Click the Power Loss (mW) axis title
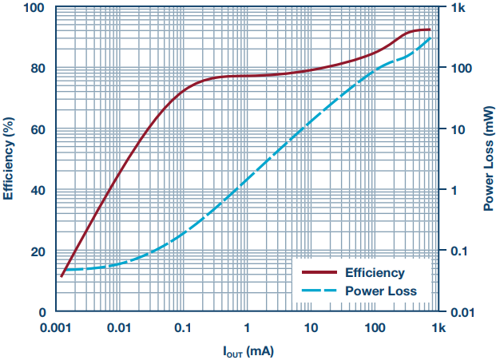(486, 160)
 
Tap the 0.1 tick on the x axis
(183, 327)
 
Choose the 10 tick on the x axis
(311, 327)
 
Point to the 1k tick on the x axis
(438, 327)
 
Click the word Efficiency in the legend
(374, 273)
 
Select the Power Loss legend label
(380, 291)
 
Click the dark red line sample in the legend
(315, 273)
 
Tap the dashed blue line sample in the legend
(315, 291)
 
